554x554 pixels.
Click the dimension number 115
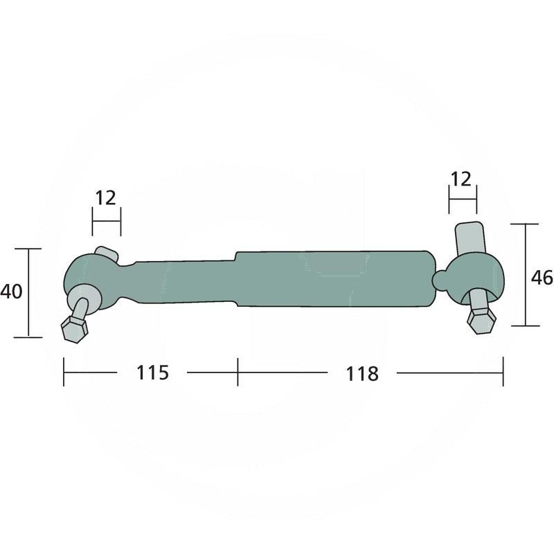pyautogui.click(x=152, y=373)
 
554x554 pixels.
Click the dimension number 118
pyautogui.click(x=362, y=374)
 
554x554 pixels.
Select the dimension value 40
pyautogui.click(x=12, y=292)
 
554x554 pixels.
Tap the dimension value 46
pyautogui.click(x=541, y=278)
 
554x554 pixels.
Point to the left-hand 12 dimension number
pyautogui.click(x=105, y=198)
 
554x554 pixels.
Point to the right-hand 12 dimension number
pyautogui.click(x=461, y=179)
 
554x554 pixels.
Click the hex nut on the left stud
pyautogui.click(x=73, y=328)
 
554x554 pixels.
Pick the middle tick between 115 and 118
pyautogui.click(x=238, y=373)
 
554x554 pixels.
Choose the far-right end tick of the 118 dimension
pyautogui.click(x=503, y=373)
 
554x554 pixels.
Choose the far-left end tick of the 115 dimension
pyautogui.click(x=64, y=373)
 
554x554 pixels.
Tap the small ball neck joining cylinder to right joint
pyautogui.click(x=441, y=280)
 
